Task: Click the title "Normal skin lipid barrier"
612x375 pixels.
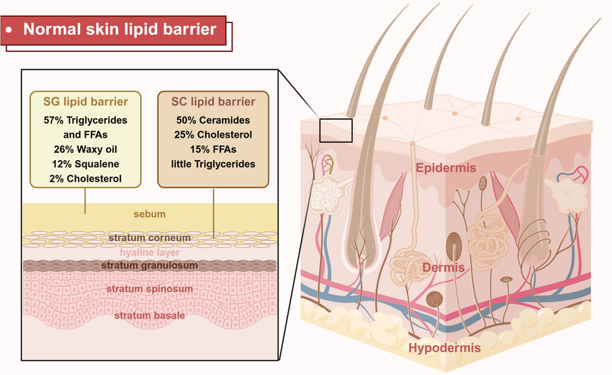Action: click(x=120, y=30)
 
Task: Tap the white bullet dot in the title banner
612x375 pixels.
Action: click(x=10, y=30)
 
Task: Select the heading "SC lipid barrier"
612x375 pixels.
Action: click(x=212, y=100)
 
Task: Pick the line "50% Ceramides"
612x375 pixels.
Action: click(x=212, y=118)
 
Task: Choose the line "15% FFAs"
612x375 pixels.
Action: click(x=212, y=149)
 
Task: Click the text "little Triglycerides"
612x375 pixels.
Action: click(x=212, y=164)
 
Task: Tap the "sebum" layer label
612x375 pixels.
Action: click(x=149, y=214)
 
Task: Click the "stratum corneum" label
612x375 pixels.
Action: click(x=149, y=237)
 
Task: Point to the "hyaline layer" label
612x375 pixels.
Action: click(x=149, y=252)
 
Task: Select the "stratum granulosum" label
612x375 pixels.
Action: click(x=149, y=266)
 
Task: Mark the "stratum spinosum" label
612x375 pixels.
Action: click(x=149, y=289)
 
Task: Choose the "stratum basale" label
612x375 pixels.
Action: click(x=149, y=315)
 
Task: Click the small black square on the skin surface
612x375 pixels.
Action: click(x=336, y=131)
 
